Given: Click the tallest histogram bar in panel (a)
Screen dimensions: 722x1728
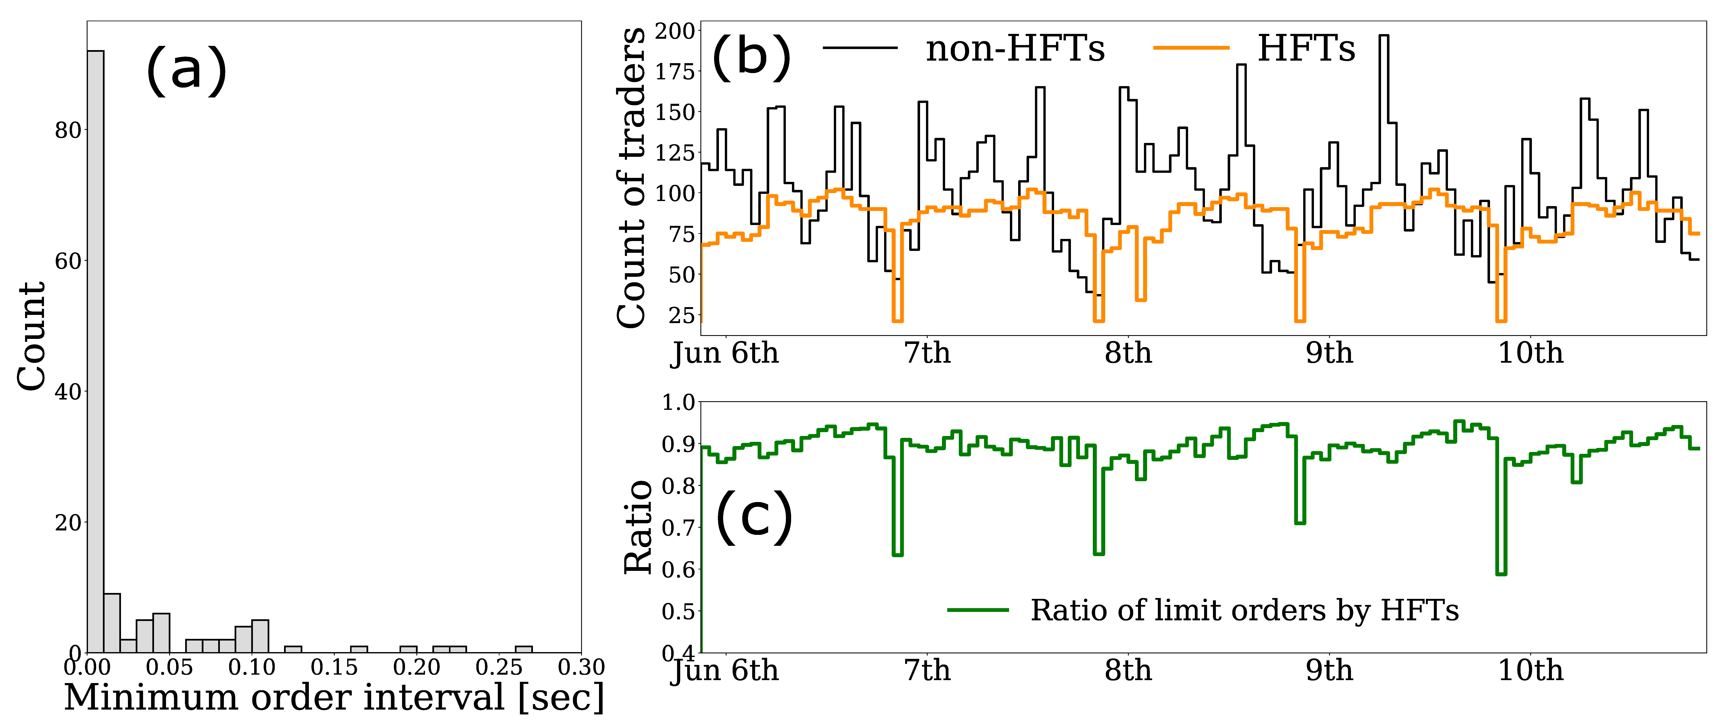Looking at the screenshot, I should point(95,349).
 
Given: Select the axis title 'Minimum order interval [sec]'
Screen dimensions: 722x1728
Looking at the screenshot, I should point(334,698).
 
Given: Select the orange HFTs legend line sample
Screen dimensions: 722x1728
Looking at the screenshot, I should point(1191,48).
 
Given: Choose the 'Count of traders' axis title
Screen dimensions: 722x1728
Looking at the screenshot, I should point(632,178).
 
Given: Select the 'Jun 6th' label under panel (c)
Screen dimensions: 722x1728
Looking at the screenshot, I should point(724,670).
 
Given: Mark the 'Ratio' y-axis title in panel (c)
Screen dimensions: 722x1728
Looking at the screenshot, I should point(639,527).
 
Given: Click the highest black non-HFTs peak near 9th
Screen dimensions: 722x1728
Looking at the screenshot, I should point(1383,36).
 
